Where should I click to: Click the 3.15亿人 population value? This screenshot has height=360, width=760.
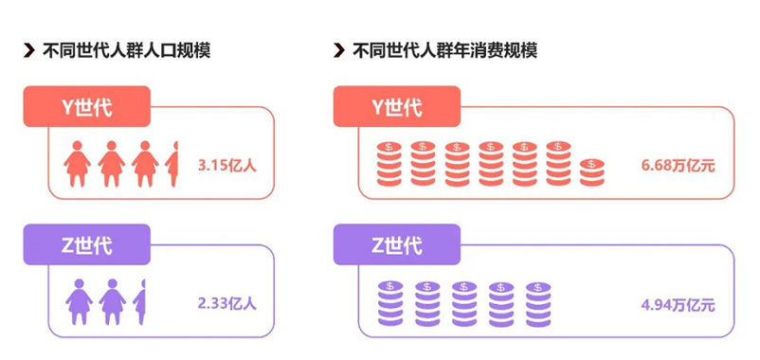pos(227,166)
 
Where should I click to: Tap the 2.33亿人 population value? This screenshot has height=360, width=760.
pos(227,303)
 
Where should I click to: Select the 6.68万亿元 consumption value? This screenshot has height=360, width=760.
pos(679,166)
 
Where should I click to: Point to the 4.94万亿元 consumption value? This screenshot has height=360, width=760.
pos(679,306)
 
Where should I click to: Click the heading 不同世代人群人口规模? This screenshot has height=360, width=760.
pos(126,50)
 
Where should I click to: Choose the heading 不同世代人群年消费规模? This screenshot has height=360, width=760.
pos(445,50)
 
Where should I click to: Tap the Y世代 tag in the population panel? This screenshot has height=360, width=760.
pos(87,107)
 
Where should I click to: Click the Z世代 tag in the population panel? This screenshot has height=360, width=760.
pos(87,244)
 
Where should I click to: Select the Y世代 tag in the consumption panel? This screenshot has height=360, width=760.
pos(397,107)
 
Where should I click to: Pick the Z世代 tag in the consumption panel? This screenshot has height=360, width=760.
pos(397,244)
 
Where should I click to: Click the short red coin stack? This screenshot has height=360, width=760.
pos(592,172)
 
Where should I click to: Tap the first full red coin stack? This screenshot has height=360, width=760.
pos(389,164)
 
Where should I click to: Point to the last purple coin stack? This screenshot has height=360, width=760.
pos(538,304)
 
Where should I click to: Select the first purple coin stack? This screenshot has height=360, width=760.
pos(389,304)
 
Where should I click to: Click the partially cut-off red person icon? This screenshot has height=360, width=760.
pos(172,164)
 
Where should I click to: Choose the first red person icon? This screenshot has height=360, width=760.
pos(77,164)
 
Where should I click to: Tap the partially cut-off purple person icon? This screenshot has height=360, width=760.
pos(139,302)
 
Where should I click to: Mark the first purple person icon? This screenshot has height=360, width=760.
pos(79,302)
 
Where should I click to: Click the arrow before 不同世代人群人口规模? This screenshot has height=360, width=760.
pos(29,50)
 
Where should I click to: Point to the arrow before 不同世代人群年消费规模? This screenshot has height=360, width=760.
pos(339,50)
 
